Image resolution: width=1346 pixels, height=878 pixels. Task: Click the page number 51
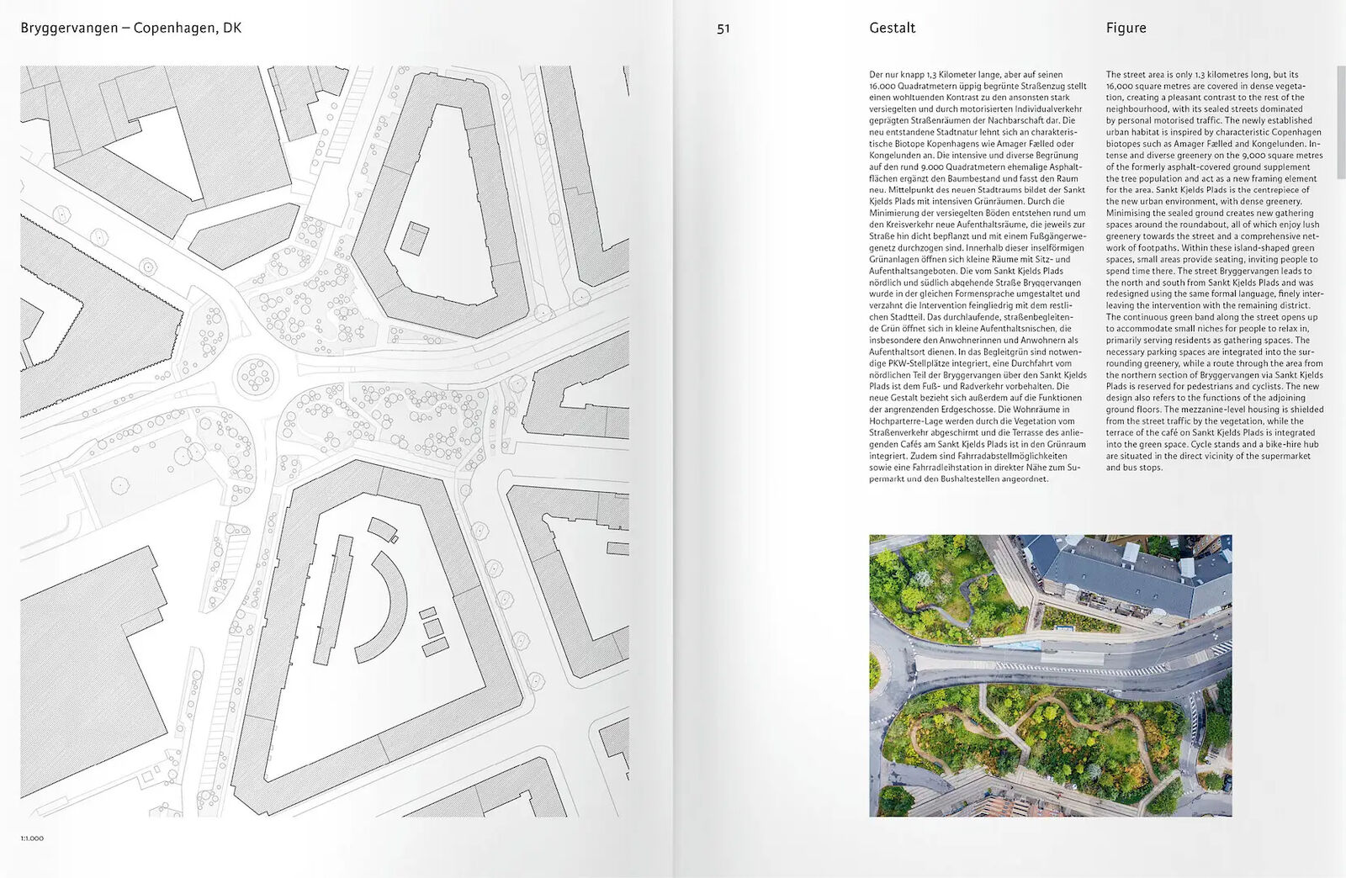[723, 29]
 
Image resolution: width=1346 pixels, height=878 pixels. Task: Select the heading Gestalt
[892, 28]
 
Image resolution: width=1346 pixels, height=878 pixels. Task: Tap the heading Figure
[1126, 28]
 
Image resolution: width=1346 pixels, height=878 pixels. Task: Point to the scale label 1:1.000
[32, 838]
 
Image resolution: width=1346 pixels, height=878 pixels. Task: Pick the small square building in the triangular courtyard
[414, 238]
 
